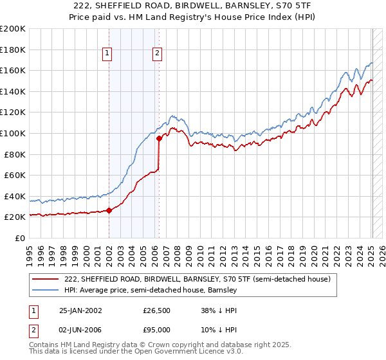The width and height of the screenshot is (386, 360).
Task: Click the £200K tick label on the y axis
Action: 13,29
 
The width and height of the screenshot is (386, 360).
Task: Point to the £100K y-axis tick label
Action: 13,133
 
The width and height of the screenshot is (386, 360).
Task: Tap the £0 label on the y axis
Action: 19,238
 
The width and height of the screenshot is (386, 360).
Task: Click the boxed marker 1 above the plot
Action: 108,54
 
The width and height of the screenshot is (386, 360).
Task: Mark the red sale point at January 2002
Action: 109,210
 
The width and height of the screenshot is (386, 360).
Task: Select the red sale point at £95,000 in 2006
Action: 158,138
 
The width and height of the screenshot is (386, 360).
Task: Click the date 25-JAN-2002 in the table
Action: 80,310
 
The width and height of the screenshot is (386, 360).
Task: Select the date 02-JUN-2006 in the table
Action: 80,330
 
